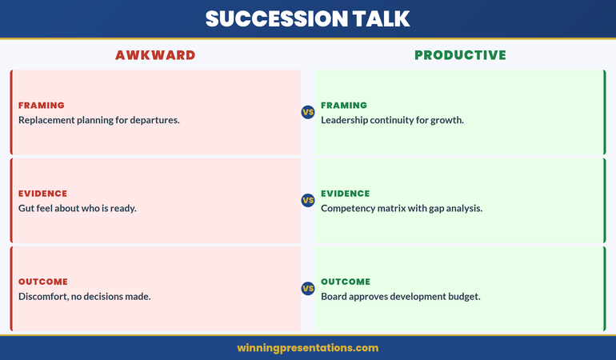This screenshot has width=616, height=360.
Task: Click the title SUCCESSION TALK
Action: (308, 19)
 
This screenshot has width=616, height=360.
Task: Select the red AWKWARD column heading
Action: (155, 55)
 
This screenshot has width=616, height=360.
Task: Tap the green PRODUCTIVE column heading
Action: (460, 55)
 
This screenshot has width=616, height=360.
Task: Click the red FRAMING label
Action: (42, 106)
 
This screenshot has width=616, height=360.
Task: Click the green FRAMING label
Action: (344, 106)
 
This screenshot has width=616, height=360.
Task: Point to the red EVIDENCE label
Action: (43, 194)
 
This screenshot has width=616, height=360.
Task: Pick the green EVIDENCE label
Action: (346, 194)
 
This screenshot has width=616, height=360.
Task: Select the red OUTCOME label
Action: (43, 282)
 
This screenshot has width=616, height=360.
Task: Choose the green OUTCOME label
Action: (346, 282)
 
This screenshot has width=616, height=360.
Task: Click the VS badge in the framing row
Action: (308, 112)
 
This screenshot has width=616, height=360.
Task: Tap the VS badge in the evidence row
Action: (308, 200)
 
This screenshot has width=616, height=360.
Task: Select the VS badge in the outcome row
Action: (308, 288)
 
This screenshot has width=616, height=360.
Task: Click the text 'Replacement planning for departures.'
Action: (99, 120)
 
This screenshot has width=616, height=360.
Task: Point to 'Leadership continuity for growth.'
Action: (392, 120)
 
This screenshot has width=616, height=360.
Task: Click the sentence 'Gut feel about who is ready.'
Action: (78, 208)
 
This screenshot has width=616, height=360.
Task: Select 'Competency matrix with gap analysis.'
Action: (402, 208)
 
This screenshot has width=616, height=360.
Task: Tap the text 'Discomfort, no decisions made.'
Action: (85, 296)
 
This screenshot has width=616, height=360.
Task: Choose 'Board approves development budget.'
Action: (401, 296)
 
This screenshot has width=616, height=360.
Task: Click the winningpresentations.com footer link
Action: (308, 348)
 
